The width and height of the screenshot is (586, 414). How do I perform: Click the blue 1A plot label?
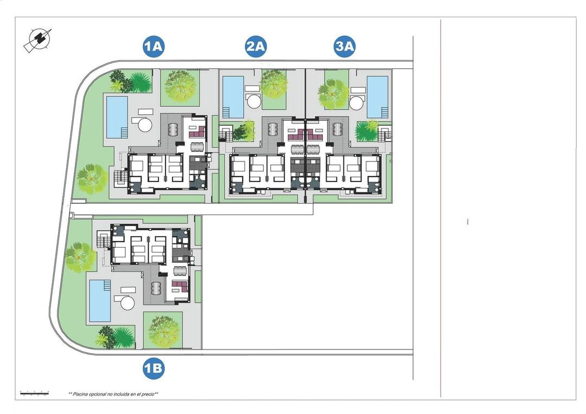[154, 47]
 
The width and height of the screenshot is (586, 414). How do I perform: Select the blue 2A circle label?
[256, 47]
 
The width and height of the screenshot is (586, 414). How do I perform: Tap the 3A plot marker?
[344, 47]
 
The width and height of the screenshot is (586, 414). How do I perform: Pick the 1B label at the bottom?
[154, 369]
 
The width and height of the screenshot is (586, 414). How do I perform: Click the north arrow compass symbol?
[38, 40]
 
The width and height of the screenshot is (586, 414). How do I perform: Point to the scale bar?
[34, 392]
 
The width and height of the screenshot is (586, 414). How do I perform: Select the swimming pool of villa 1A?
[117, 117]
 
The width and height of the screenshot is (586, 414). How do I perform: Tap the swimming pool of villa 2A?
[233, 96]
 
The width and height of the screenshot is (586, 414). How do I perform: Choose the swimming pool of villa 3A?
[378, 96]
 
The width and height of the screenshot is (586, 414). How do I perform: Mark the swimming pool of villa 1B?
[100, 300]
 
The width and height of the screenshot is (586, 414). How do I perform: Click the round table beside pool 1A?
[145, 125]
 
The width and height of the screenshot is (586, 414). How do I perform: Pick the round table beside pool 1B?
[128, 302]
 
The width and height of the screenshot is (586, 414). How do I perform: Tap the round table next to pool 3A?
[357, 102]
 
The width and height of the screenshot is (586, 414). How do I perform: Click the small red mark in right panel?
[468, 222]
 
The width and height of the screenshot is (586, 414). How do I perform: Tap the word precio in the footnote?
[147, 394]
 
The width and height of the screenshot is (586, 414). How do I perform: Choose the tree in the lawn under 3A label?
[333, 93]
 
